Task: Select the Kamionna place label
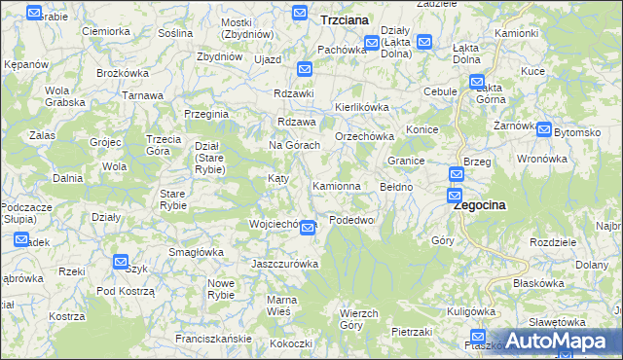click(x=337, y=185)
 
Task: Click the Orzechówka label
click(x=362, y=137)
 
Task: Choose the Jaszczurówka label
click(x=285, y=264)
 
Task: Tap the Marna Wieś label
click(x=282, y=305)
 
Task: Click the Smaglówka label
click(x=196, y=252)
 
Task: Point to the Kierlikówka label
click(x=362, y=107)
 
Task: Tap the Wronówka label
click(x=541, y=159)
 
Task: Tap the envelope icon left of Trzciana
click(x=302, y=13)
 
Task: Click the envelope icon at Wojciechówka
click(x=308, y=228)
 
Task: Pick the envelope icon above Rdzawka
click(x=305, y=69)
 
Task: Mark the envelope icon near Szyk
click(x=120, y=261)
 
